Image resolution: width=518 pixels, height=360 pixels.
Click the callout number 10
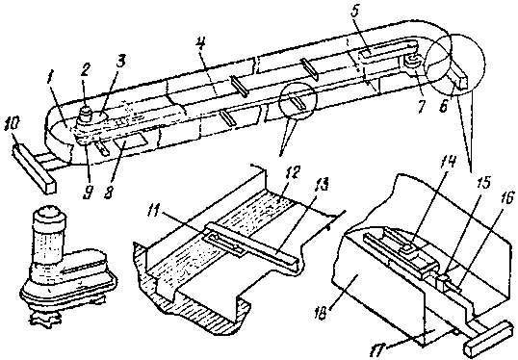coord(12,125)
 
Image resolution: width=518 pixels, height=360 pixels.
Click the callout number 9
coord(89,192)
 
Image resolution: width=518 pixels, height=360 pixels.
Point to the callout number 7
coord(421,106)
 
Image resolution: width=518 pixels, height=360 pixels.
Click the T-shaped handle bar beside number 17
coord(490,335)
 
